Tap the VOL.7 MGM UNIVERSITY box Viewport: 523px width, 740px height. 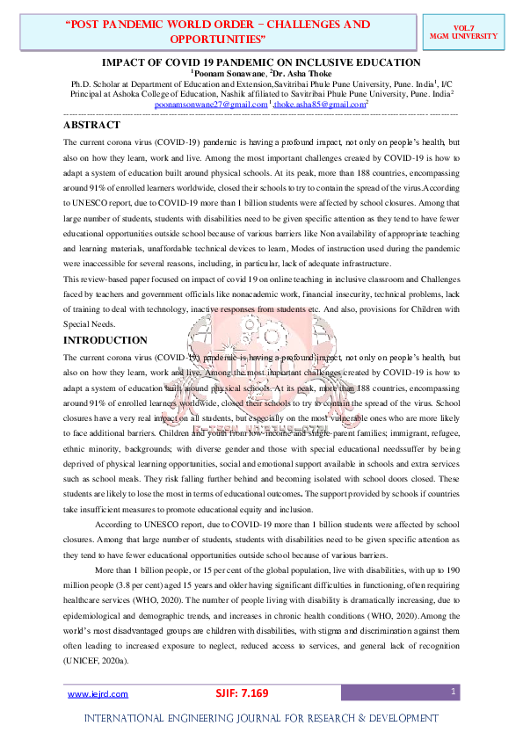tap(476, 32)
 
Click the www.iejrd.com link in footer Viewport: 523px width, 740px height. tap(98, 693)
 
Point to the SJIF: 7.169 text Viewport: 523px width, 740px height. tap(242, 693)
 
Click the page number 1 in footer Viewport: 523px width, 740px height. tap(453, 693)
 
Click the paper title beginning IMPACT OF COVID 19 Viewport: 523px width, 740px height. tap(261, 62)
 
